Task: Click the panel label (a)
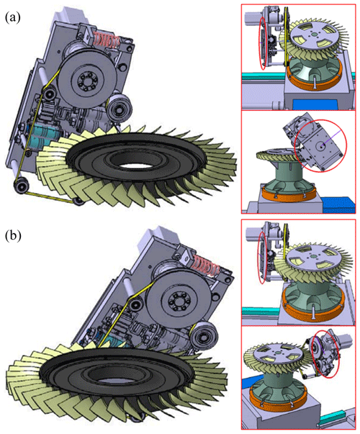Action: click(x=13, y=17)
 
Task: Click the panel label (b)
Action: click(x=13, y=236)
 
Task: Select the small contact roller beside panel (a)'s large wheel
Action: click(x=120, y=108)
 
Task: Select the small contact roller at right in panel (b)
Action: click(x=204, y=337)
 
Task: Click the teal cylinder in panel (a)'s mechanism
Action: click(x=42, y=135)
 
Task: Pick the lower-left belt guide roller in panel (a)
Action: click(x=21, y=184)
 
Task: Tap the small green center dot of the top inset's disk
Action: click(x=314, y=35)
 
